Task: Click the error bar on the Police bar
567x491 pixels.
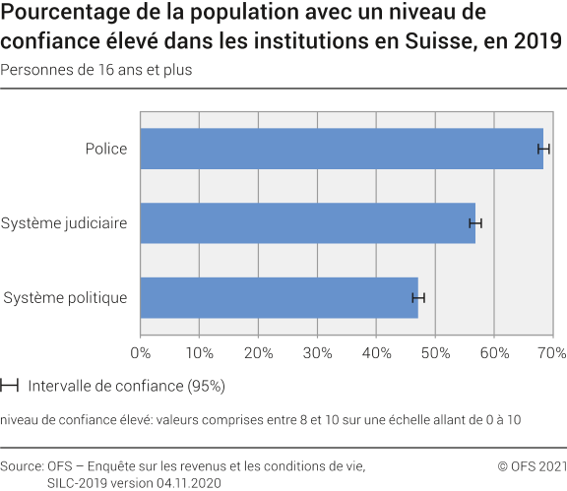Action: click(543, 149)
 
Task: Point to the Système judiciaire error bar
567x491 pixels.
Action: click(475, 223)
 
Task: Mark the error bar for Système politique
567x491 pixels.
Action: click(418, 297)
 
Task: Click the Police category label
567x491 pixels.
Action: click(105, 149)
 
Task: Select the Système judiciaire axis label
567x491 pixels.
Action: click(64, 223)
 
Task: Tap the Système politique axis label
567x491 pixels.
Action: click(65, 297)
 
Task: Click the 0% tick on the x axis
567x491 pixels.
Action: click(140, 352)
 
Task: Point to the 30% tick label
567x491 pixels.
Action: click(317, 352)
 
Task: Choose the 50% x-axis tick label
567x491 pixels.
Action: click(435, 352)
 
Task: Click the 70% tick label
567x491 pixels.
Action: click(551, 352)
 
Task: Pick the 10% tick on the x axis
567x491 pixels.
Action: click(199, 352)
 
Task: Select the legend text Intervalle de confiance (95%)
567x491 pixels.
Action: click(127, 385)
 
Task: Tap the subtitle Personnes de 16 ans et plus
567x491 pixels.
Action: click(96, 70)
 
